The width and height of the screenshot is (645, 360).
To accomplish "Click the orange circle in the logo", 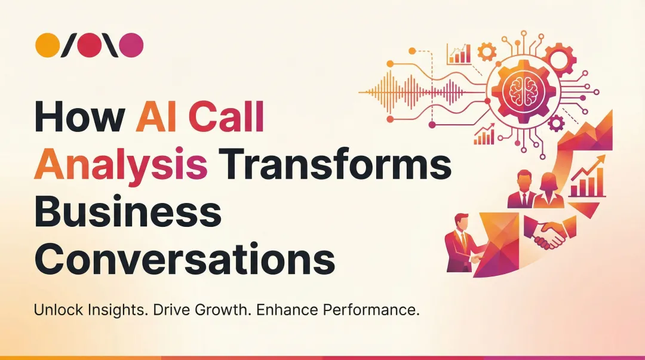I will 47,45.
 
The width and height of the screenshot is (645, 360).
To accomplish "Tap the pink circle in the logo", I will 132,45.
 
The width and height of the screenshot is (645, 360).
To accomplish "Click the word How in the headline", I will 79,118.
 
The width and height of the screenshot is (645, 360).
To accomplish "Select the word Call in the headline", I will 228,118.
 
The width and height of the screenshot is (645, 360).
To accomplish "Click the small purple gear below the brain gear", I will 556,124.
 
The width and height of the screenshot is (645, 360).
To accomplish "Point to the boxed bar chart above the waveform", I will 459,54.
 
